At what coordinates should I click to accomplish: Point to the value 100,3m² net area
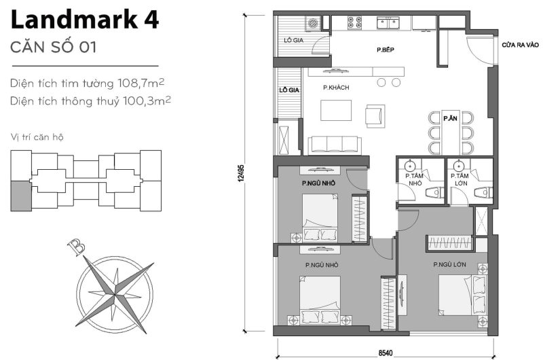coord(146,101)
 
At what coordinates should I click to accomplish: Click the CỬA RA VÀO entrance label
coord(520,46)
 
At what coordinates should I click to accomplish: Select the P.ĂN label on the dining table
coord(450,118)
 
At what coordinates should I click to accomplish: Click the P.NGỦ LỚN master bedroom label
coord(449,265)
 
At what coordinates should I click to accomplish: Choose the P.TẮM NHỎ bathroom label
coord(415,179)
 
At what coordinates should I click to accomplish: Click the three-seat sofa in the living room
coord(333,144)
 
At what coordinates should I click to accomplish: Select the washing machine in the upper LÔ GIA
coord(314,24)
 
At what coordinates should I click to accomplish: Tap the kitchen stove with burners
coord(355,22)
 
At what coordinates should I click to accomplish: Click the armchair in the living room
coord(375,115)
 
